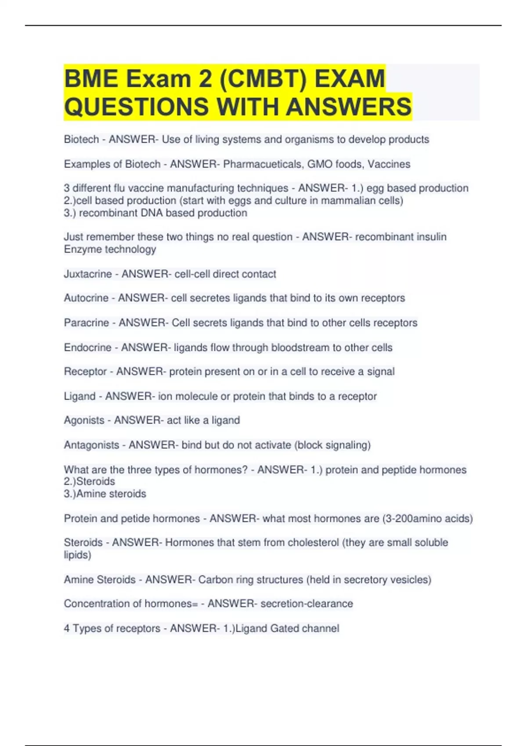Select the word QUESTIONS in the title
pyautogui.click(x=136, y=107)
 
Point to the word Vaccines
pyautogui.click(x=389, y=164)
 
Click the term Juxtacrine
pyautogui.click(x=88, y=274)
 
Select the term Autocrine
pyautogui.click(x=86, y=298)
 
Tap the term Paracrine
pyautogui.click(x=87, y=323)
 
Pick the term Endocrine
pyautogui.click(x=88, y=348)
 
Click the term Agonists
pyautogui.click(x=84, y=420)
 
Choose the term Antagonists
pyautogui.click(x=91, y=445)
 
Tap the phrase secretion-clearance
pyautogui.click(x=307, y=604)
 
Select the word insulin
pyautogui.click(x=430, y=237)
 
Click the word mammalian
pyautogui.click(x=345, y=201)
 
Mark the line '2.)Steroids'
pyautogui.click(x=90, y=481)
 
